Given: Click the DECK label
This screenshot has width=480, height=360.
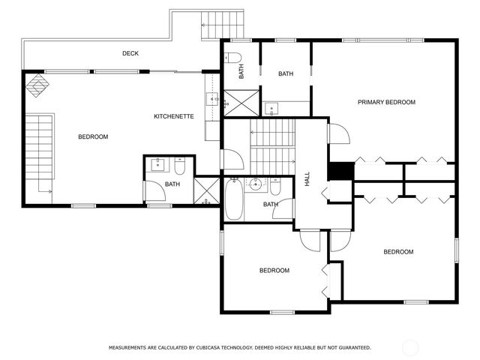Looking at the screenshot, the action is click(x=130, y=53).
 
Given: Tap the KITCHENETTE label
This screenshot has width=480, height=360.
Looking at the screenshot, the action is click(x=173, y=116).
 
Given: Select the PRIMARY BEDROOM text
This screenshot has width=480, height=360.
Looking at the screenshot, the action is click(x=386, y=102).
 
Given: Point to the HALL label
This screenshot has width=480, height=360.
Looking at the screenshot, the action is click(x=307, y=178).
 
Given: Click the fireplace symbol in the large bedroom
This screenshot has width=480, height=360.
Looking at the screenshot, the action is click(x=37, y=85).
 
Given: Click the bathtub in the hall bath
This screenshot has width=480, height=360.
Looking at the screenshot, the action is click(x=234, y=199).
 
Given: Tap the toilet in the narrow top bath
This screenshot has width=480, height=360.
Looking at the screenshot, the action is click(x=232, y=57).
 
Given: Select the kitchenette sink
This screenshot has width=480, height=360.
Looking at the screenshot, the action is click(x=212, y=99).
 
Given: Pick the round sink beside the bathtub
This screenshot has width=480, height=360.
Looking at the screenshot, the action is click(x=254, y=184).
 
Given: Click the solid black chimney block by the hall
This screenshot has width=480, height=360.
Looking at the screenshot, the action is click(x=341, y=171).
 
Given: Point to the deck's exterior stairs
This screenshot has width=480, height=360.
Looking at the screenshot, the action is click(x=223, y=25).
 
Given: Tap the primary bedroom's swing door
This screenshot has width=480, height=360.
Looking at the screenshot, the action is click(x=339, y=133).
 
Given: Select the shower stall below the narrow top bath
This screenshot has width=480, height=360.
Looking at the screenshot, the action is click(x=241, y=103).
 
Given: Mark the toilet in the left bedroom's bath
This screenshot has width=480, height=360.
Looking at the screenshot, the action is click(x=180, y=166).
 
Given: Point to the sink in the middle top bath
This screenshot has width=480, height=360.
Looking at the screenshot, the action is click(x=271, y=109).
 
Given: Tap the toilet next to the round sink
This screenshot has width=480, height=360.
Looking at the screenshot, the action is click(x=275, y=187).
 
